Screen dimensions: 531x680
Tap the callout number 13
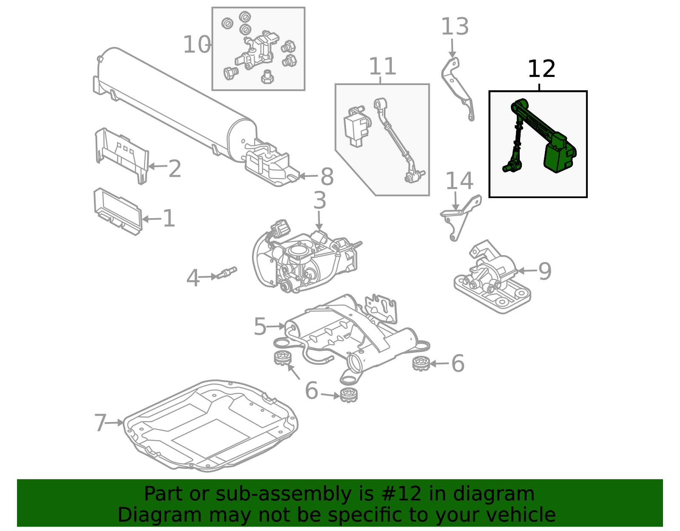tap(454, 27)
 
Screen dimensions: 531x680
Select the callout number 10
tap(196, 45)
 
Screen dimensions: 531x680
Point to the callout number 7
tap(100, 423)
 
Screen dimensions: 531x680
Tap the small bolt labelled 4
tap(227, 273)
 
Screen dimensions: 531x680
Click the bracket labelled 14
tap(461, 217)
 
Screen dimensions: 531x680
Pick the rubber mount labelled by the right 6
tap(421, 363)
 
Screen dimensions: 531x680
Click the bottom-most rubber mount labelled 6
tap(348, 395)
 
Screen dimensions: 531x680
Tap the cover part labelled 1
tap(117, 211)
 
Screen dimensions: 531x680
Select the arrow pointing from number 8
tap(308, 176)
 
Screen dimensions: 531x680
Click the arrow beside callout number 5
tap(276, 326)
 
